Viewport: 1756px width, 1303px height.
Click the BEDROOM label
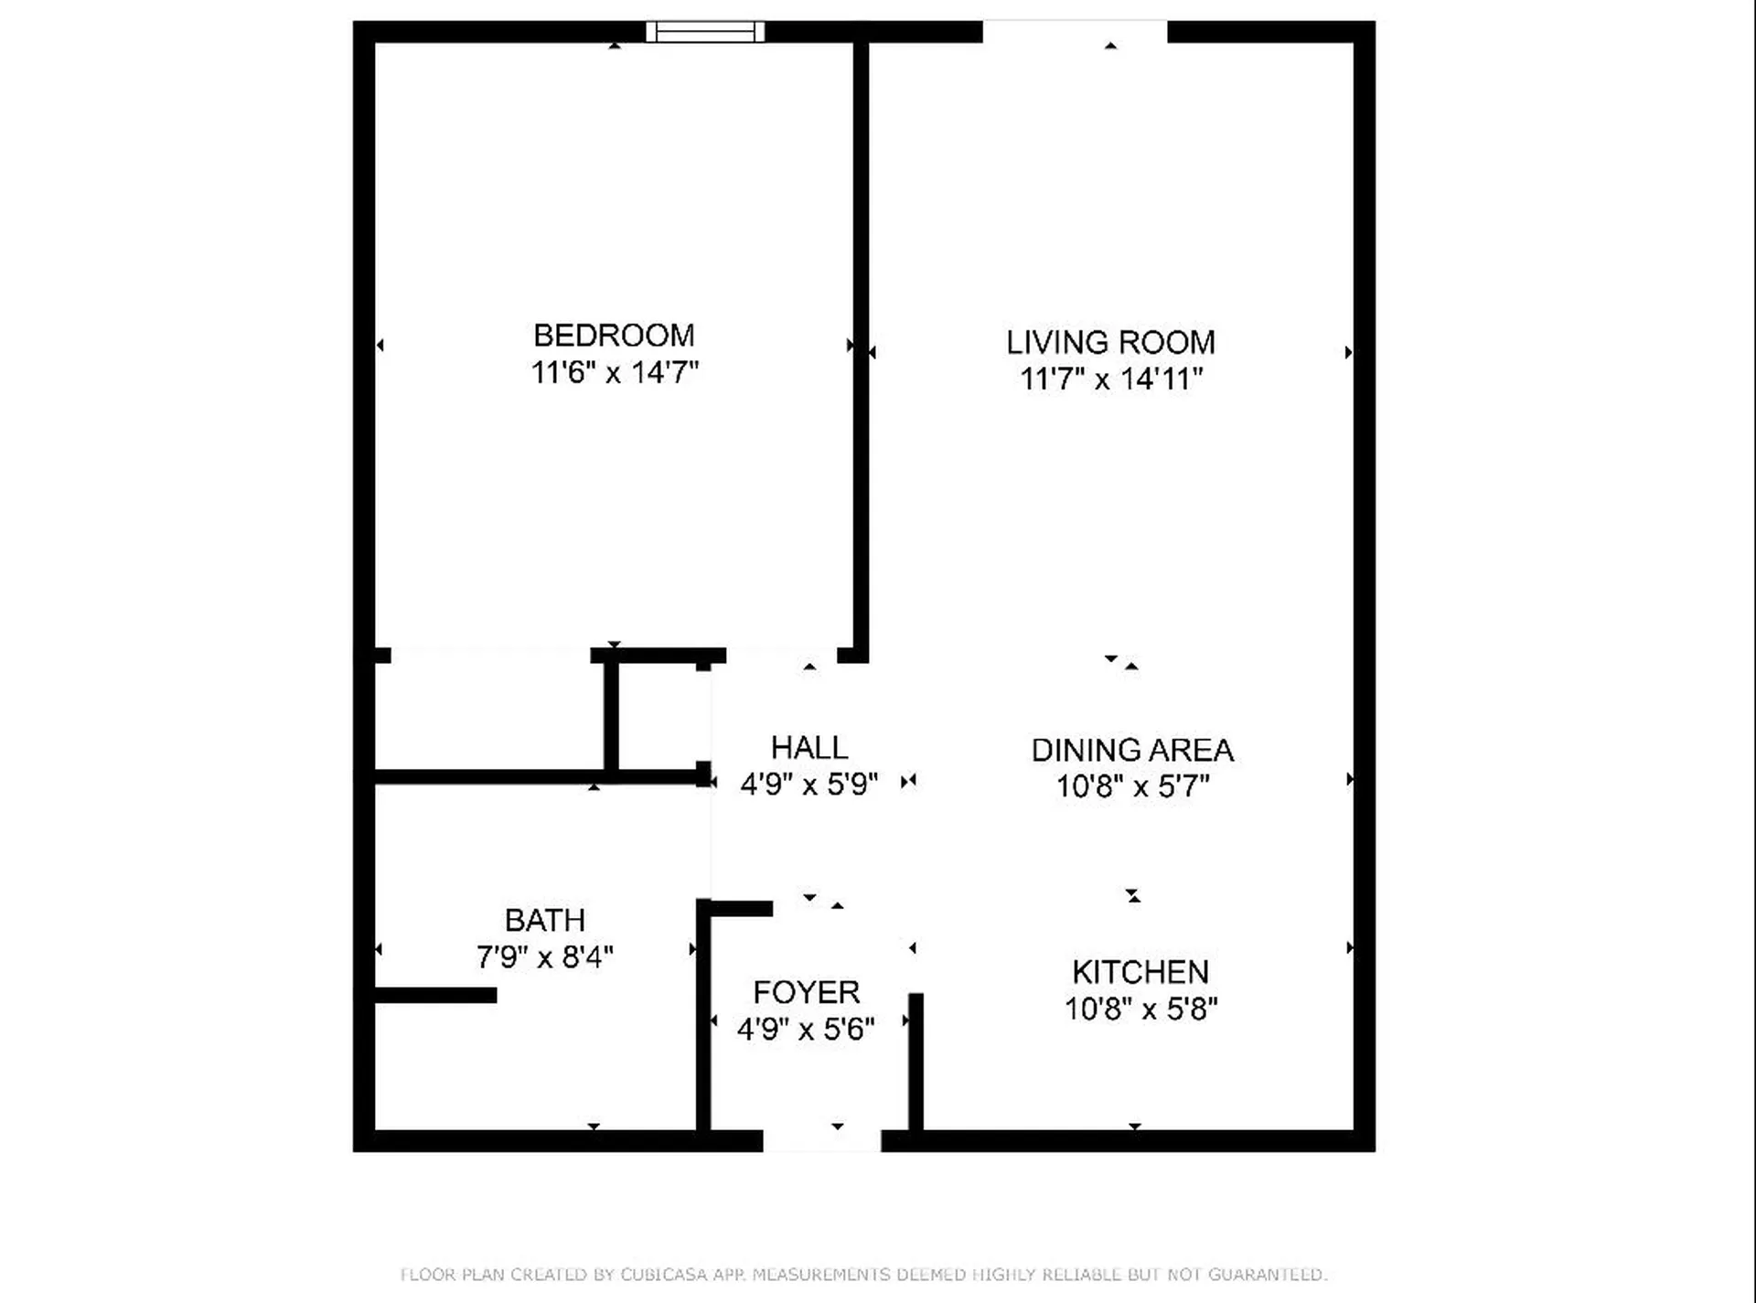tap(614, 336)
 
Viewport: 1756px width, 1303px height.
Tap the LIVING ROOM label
tap(1110, 343)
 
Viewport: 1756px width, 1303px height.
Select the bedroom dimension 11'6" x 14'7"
tap(615, 372)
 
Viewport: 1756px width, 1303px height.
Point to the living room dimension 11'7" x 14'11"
tap(1111, 379)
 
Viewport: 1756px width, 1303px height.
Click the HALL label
tap(809, 748)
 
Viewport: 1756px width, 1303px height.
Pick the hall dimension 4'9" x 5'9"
tap(808, 785)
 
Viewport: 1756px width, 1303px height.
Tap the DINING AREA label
tap(1132, 750)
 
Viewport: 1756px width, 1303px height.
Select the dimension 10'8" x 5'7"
tap(1132, 786)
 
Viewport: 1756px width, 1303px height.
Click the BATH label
tap(545, 920)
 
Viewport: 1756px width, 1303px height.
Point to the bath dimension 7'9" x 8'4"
tap(545, 957)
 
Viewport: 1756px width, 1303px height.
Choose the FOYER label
tap(806, 992)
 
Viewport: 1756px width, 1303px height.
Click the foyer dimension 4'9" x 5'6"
tap(806, 1029)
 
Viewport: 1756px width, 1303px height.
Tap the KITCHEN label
tap(1140, 972)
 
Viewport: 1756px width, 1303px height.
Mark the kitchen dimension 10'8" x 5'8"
tap(1140, 1009)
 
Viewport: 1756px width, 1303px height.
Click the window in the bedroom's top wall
tap(705, 32)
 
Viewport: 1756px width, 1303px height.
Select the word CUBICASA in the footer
tap(662, 1275)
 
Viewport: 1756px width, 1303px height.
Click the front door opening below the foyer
tap(822, 1140)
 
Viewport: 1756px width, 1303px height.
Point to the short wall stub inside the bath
tap(436, 995)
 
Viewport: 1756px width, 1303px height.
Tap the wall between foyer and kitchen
tap(915, 1062)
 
